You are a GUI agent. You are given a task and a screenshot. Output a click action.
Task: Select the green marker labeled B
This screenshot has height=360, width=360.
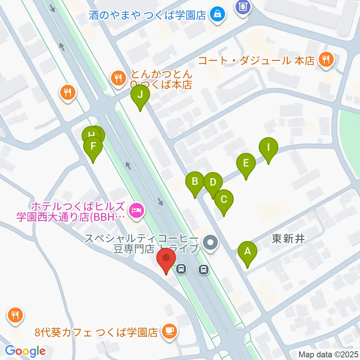point(195,182)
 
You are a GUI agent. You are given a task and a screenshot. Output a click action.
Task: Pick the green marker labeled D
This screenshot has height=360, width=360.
point(213,183)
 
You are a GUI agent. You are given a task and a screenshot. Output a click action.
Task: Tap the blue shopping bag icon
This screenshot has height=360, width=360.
point(217,15)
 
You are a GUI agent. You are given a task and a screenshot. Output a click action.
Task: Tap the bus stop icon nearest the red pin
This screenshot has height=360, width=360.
point(181,269)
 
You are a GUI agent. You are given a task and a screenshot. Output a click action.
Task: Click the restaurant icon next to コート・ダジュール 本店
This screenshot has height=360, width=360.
point(325,60)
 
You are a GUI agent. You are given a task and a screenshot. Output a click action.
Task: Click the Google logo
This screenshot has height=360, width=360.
point(25,351)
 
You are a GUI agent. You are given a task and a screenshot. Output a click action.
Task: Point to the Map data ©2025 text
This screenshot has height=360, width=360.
point(328,354)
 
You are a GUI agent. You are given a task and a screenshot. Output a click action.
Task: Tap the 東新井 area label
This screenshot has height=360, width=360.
point(288,239)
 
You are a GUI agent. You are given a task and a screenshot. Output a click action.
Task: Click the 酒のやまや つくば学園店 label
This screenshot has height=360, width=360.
point(148,15)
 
